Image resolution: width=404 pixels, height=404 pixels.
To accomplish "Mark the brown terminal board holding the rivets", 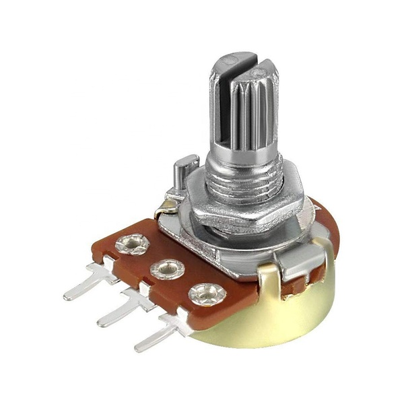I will [x=145, y=259].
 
